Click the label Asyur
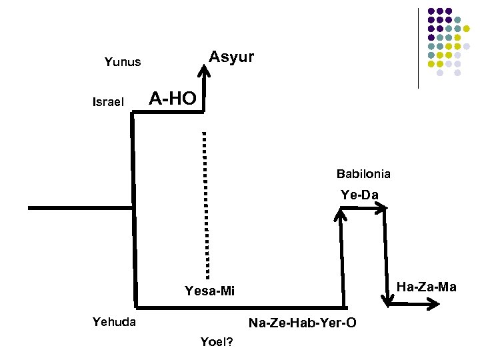pyautogui.click(x=231, y=57)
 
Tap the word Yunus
pyautogui.click(x=123, y=62)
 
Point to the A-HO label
pyautogui.click(x=173, y=99)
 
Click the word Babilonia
pyautogui.click(x=363, y=175)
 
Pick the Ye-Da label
pyautogui.click(x=359, y=195)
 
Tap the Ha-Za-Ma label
pyautogui.click(x=427, y=287)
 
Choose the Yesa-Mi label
pyautogui.click(x=210, y=291)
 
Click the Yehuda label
pyautogui.click(x=114, y=322)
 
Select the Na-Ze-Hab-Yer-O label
pyautogui.click(x=302, y=323)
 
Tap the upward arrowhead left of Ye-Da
pyautogui.click(x=340, y=213)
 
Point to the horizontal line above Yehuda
pyautogui.click(x=240, y=307)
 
